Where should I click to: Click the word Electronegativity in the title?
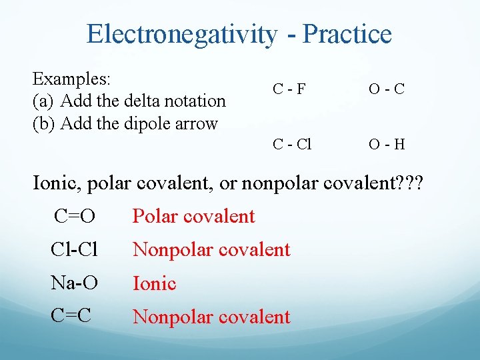[x=181, y=34]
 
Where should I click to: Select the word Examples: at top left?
[x=71, y=79]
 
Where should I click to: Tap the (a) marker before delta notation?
[x=43, y=101]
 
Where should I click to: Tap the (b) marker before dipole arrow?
[x=44, y=124]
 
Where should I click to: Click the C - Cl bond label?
[x=291, y=144]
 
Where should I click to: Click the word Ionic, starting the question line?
[x=59, y=182]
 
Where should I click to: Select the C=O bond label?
[x=74, y=216]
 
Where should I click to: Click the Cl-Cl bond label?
[x=74, y=249]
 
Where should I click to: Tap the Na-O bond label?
[x=74, y=283]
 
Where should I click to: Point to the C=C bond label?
[x=71, y=316]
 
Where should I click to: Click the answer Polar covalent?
[x=193, y=216]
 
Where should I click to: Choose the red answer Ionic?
[x=154, y=283]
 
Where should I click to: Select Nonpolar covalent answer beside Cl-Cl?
[x=211, y=249]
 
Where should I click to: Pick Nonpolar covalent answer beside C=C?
[x=211, y=317]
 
